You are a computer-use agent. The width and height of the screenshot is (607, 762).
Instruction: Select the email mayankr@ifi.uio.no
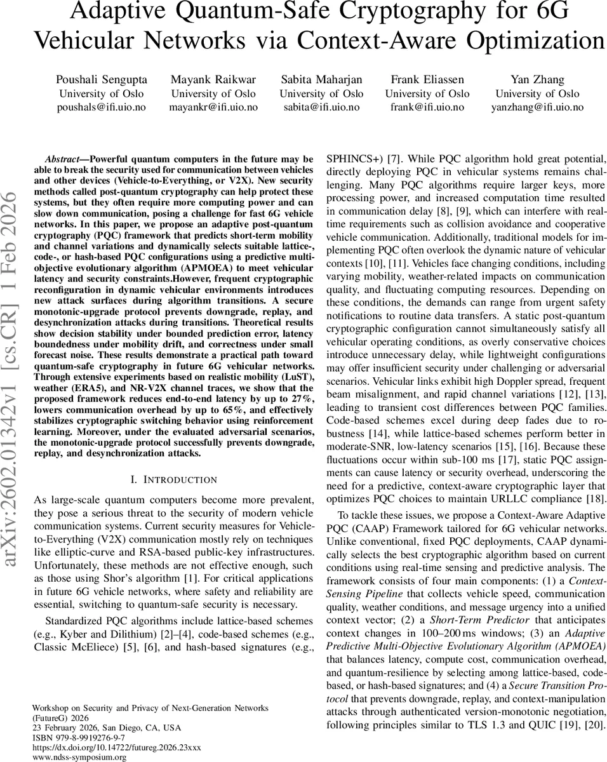coord(213,107)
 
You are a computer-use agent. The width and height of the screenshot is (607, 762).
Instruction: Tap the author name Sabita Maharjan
coord(321,79)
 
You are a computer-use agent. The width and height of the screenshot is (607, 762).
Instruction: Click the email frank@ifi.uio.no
coord(427,107)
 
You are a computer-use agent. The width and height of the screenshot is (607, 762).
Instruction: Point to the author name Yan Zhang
coord(537,79)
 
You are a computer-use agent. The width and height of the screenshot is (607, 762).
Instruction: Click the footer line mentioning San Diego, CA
coord(106,727)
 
